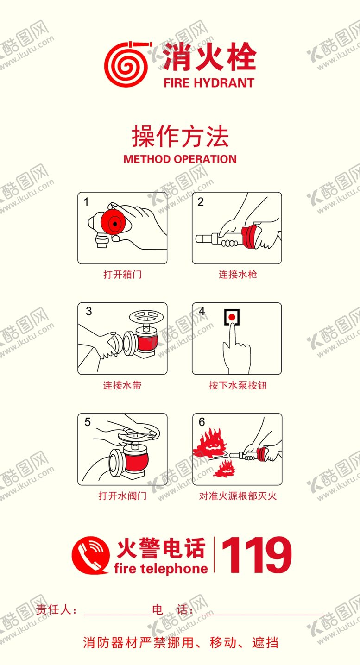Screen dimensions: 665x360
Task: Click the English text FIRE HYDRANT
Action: tap(208, 83)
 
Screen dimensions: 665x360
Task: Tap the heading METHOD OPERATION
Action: tap(180, 159)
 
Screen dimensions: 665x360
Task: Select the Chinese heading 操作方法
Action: tap(180, 137)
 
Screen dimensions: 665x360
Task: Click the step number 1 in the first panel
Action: tap(86, 202)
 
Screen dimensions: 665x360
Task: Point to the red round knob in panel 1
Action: tap(114, 224)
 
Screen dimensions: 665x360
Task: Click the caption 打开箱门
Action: tap(122, 274)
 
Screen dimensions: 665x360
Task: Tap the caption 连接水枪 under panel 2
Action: tap(237, 274)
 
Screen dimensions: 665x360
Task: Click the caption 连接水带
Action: tap(122, 385)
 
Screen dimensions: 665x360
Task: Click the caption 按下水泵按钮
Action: tap(237, 385)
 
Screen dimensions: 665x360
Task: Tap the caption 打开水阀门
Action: tap(122, 496)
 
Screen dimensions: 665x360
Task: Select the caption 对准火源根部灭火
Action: tap(237, 496)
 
